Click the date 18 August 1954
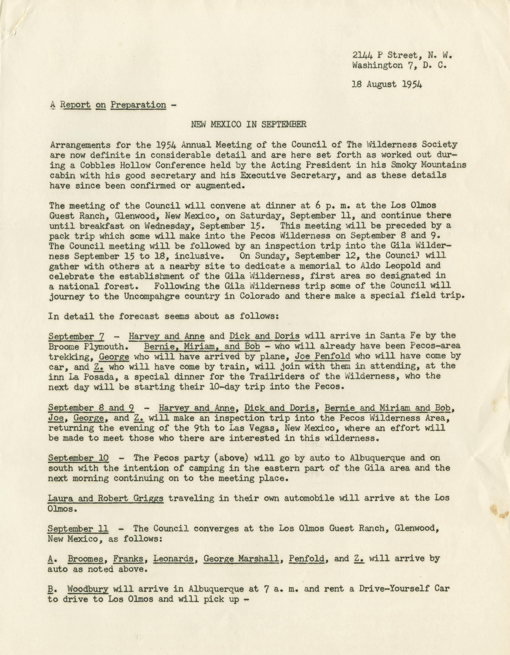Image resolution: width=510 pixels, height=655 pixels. (x=387, y=85)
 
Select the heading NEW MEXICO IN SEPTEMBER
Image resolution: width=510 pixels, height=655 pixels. (x=249, y=124)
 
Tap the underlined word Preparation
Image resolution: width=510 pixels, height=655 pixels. (x=138, y=105)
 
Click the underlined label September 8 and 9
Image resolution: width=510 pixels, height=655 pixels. (x=91, y=408)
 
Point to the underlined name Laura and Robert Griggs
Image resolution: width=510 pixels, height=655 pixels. (x=106, y=498)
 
